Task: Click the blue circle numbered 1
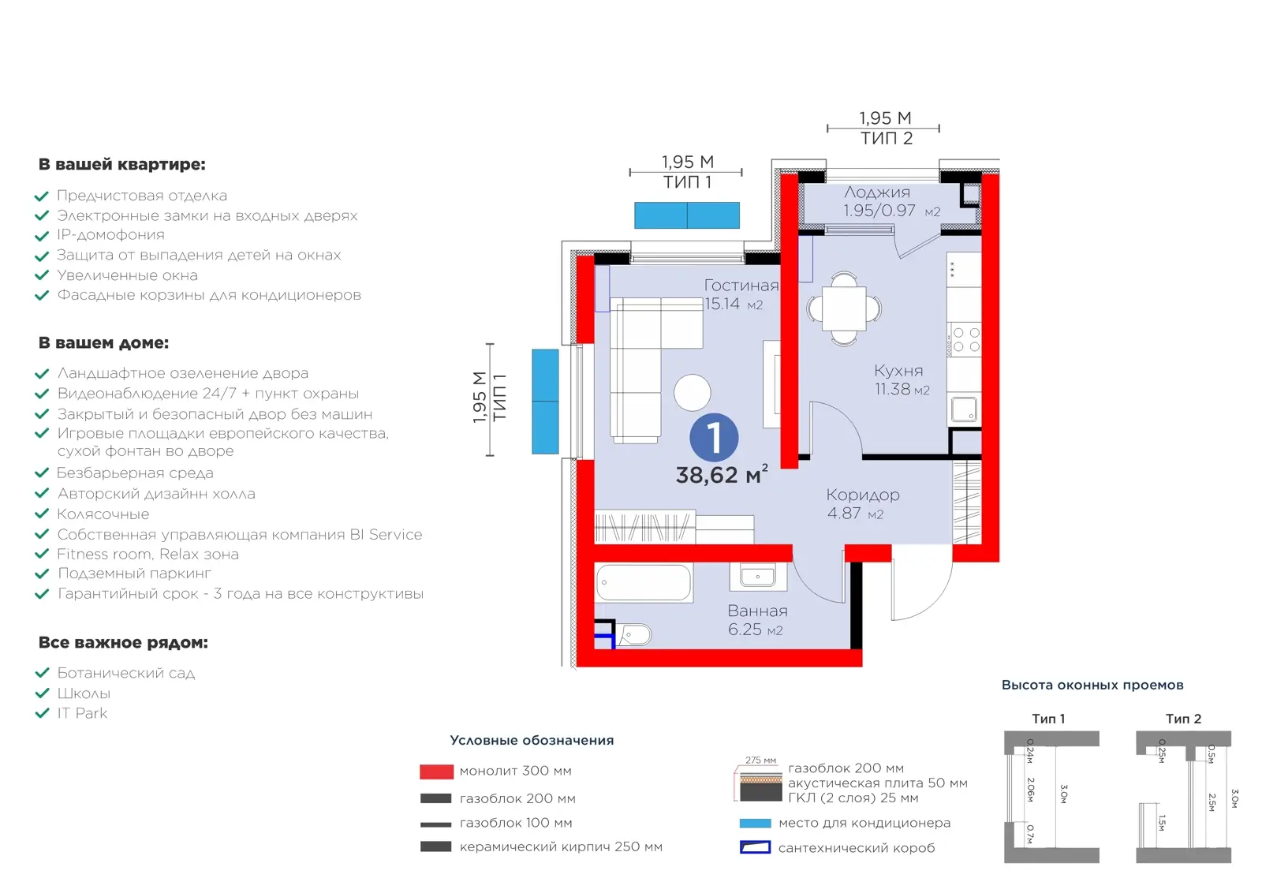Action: pos(714,437)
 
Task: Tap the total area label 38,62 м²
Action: pos(722,474)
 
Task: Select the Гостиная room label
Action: pos(741,286)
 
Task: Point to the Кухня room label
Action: pos(898,371)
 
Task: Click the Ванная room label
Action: pos(757,611)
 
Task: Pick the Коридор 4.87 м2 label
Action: pos(863,503)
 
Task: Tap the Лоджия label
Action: pos(876,192)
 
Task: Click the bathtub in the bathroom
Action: pos(644,582)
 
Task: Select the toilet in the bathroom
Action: pos(634,635)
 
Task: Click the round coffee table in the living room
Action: pos(692,393)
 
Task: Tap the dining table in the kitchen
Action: pos(843,308)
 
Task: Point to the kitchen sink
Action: pos(964,409)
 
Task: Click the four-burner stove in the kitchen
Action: pos(965,340)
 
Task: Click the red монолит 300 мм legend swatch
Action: pos(436,772)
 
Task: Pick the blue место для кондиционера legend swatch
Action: pos(755,823)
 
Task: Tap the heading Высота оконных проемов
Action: pos(1092,685)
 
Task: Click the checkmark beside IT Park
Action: pos(43,713)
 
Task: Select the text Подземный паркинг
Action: pos(134,574)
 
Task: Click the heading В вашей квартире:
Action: pos(121,165)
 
